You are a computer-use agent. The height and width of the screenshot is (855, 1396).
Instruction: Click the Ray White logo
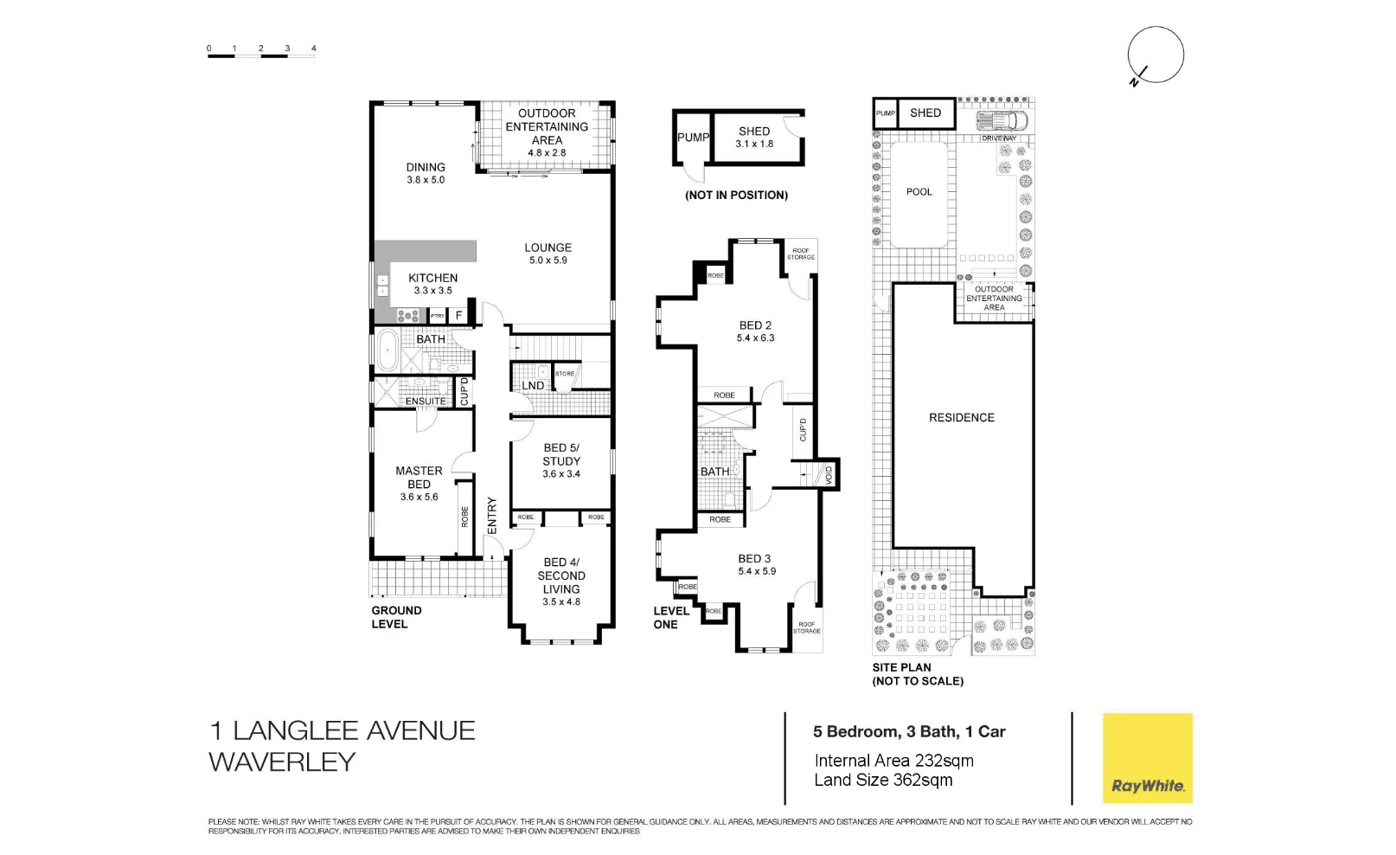(1147, 758)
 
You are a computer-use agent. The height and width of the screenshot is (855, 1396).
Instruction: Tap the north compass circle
(1155, 55)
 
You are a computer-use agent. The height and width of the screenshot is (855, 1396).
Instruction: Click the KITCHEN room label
(432, 278)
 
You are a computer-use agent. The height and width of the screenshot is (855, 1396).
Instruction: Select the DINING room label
(426, 167)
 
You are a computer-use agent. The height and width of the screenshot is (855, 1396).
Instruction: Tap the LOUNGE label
(548, 247)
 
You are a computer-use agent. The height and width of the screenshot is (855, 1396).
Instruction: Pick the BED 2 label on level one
(755, 325)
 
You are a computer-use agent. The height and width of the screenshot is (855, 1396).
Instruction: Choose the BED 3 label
(754, 559)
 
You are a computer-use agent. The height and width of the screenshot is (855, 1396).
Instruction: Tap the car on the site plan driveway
(1002, 120)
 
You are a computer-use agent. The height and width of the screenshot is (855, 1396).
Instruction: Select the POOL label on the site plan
(919, 192)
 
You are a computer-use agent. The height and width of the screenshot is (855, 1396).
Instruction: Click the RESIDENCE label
(961, 417)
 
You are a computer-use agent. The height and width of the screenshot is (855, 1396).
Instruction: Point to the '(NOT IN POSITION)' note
(736, 196)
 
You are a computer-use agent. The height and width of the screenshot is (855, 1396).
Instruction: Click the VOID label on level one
(829, 474)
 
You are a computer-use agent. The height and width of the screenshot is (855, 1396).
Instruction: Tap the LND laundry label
(533, 386)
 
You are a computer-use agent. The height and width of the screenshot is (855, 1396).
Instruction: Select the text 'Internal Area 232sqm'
(893, 761)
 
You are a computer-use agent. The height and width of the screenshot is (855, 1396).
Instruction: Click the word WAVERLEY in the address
(282, 762)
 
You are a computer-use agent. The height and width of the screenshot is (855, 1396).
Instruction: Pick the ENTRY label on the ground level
(492, 515)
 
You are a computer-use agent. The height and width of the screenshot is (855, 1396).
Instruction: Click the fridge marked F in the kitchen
(458, 316)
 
